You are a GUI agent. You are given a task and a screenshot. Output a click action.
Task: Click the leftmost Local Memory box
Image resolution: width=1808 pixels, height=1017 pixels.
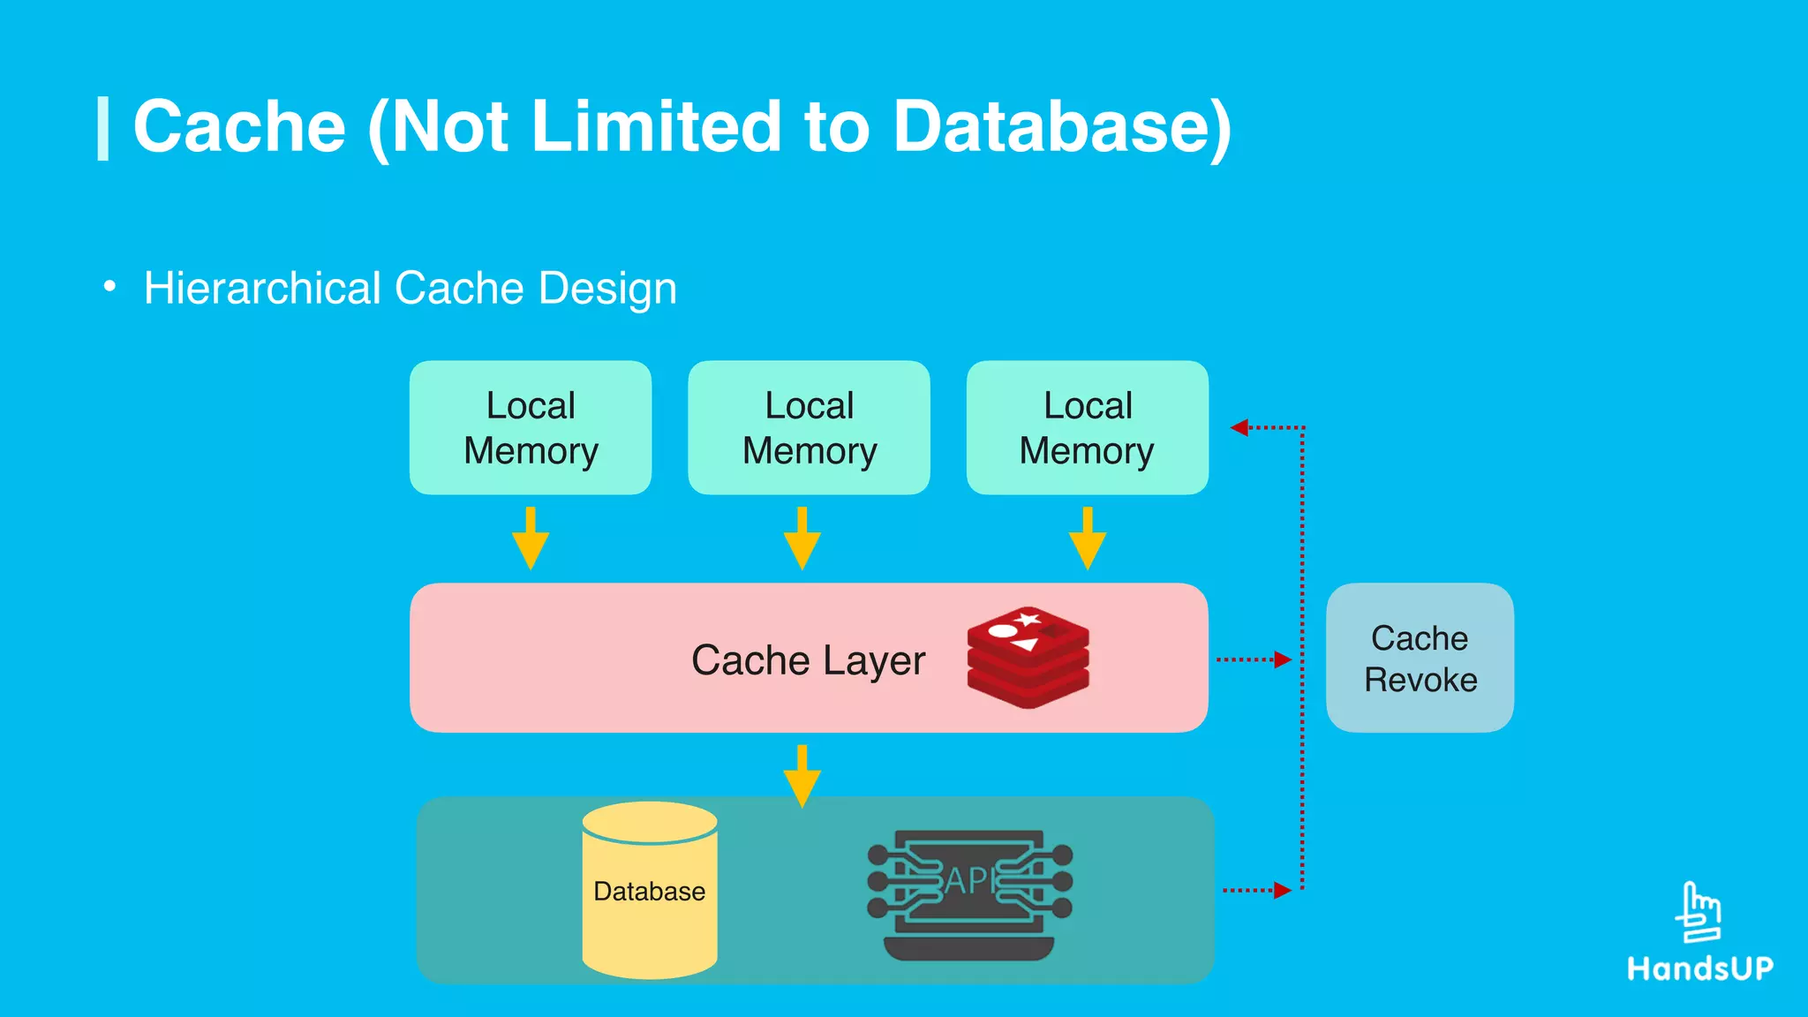click(531, 427)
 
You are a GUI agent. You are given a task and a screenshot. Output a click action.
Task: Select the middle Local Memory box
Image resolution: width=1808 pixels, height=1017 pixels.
click(809, 427)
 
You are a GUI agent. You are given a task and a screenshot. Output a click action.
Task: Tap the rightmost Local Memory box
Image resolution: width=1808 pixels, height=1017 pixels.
click(1087, 427)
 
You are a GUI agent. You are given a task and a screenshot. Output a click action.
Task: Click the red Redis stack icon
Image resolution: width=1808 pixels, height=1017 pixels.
click(1028, 657)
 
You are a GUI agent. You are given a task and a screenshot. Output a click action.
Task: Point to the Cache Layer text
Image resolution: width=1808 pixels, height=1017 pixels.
click(808, 660)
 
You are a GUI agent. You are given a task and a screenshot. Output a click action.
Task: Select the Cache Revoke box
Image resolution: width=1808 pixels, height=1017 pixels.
click(1420, 658)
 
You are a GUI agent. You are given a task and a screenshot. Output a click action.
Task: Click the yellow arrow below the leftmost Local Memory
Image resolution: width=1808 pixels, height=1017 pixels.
click(531, 539)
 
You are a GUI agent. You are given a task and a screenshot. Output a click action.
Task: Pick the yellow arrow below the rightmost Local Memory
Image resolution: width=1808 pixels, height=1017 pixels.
click(1088, 539)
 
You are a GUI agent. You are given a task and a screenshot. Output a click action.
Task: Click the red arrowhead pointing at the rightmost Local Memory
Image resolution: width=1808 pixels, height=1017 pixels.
click(1239, 427)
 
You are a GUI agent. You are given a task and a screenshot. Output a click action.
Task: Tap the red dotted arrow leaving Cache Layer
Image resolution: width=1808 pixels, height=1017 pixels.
click(1254, 659)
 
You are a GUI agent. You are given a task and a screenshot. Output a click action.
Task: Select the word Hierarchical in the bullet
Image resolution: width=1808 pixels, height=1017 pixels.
click(262, 289)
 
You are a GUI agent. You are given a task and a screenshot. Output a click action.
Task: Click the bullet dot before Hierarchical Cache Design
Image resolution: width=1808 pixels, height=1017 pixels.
click(109, 286)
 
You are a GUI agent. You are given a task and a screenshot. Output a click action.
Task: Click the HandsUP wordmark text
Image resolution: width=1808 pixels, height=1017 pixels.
click(1700, 968)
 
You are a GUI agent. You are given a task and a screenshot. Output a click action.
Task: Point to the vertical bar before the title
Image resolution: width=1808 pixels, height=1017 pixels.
click(103, 129)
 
